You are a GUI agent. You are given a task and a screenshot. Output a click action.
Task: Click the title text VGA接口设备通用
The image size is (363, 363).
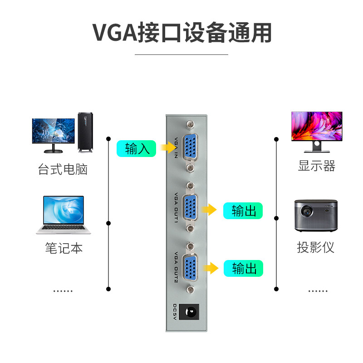pos(182,32)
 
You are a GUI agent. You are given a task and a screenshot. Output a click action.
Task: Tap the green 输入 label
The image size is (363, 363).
pos(137,148)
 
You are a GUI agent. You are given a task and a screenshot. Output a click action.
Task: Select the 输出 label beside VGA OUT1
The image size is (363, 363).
pos(243,211)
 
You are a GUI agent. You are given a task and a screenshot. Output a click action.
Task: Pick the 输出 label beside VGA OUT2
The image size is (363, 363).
pos(243,268)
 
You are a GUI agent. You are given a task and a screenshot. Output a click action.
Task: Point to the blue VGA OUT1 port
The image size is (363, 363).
pos(191,207)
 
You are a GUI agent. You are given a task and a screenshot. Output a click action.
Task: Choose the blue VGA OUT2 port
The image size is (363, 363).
pos(191,268)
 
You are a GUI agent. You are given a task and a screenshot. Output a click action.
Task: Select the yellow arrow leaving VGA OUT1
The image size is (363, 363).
pos(209,209)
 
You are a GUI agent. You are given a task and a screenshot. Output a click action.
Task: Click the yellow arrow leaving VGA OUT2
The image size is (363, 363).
pos(210,268)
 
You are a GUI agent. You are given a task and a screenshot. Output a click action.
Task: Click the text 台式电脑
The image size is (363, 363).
pos(63,170)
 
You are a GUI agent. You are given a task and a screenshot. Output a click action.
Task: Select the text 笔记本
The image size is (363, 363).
pos(64,248)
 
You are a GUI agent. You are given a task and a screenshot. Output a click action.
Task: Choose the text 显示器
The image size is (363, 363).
pos(316,166)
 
